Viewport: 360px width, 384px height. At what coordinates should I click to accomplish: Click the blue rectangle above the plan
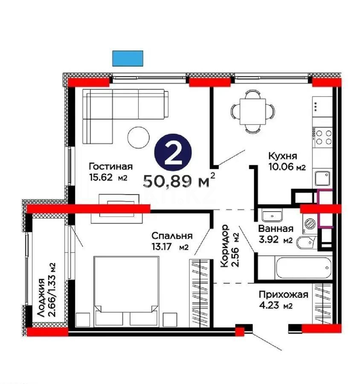pyautogui.click(x=128, y=58)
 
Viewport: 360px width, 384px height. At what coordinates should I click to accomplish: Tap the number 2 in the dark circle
pyautogui.click(x=173, y=156)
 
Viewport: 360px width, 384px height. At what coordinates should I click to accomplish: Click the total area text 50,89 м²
pyautogui.click(x=178, y=181)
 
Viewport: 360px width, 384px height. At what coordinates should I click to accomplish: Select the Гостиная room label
pyautogui.click(x=111, y=167)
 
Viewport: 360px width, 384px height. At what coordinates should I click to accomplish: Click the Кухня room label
pyautogui.click(x=283, y=156)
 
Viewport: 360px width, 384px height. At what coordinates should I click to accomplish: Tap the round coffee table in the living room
pyautogui.click(x=139, y=137)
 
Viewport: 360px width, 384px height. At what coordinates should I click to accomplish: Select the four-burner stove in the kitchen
pyautogui.click(x=322, y=137)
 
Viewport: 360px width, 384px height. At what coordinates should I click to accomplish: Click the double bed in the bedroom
pyautogui.click(x=126, y=286)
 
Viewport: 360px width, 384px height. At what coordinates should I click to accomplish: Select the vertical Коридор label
pyautogui.click(x=225, y=246)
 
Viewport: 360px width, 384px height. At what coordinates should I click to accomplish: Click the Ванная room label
pyautogui.click(x=275, y=229)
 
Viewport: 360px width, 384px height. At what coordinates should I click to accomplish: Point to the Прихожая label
pyautogui.click(x=283, y=294)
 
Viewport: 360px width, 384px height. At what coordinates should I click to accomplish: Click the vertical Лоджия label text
pyautogui.click(x=42, y=297)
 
